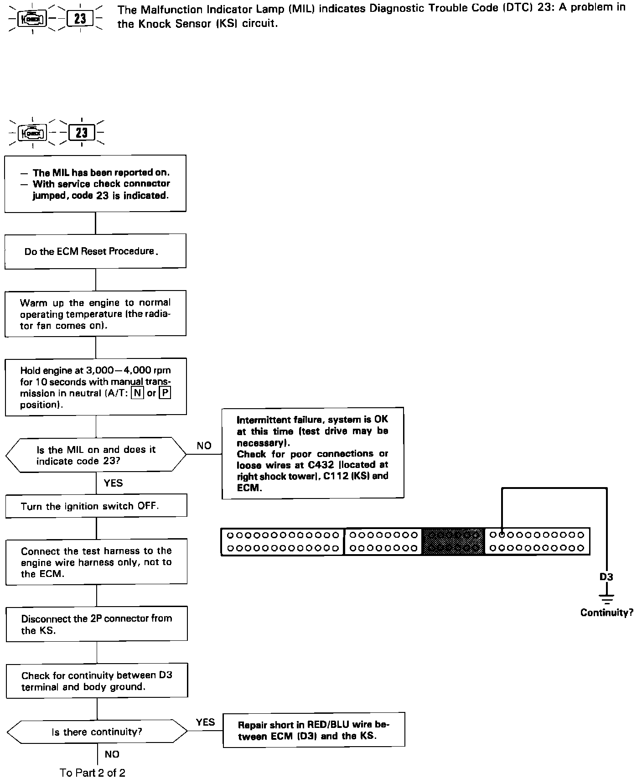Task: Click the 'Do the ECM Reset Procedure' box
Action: click(95, 251)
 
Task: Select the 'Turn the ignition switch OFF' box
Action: click(96, 506)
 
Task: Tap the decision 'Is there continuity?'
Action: click(97, 732)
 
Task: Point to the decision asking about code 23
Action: click(96, 455)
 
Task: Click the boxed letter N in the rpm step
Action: click(137, 393)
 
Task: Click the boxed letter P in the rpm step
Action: click(165, 393)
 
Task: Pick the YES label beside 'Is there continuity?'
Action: click(205, 722)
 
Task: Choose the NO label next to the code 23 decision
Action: click(204, 446)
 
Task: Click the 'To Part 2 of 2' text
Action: click(93, 772)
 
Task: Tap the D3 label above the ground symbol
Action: click(606, 577)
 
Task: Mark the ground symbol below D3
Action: click(606, 597)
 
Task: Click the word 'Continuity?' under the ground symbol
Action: click(606, 613)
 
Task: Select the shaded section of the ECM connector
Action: click(453, 541)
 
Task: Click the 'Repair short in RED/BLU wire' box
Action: click(314, 730)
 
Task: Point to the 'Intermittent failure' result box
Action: click(313, 453)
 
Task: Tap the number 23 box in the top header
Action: click(80, 19)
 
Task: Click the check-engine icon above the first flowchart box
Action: click(32, 133)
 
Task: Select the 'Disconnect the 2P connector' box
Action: click(97, 624)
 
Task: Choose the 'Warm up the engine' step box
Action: click(95, 314)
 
